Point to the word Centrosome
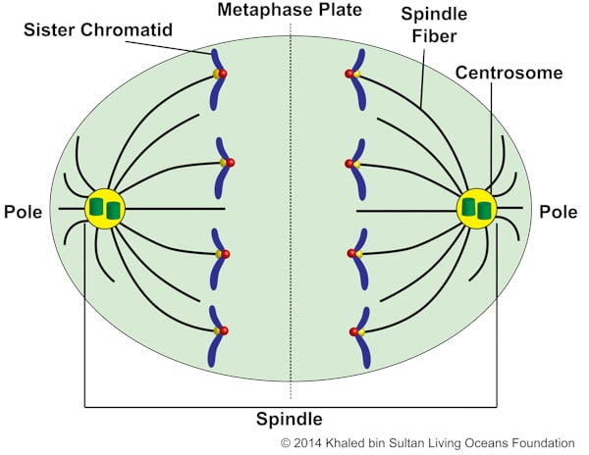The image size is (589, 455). click(509, 73)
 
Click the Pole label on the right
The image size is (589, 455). click(560, 212)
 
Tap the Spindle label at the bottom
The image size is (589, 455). click(290, 420)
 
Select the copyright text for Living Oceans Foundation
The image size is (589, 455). click(428, 443)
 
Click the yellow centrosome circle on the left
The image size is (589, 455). click(105, 209)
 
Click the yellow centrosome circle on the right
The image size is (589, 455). click(477, 209)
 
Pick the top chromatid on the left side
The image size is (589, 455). click(215, 78)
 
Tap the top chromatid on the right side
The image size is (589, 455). click(361, 78)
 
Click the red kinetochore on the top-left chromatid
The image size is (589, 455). click(223, 75)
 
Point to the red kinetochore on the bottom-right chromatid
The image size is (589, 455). click(352, 332)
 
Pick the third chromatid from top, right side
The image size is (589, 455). click(359, 257)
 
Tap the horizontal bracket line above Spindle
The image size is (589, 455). click(291, 405)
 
